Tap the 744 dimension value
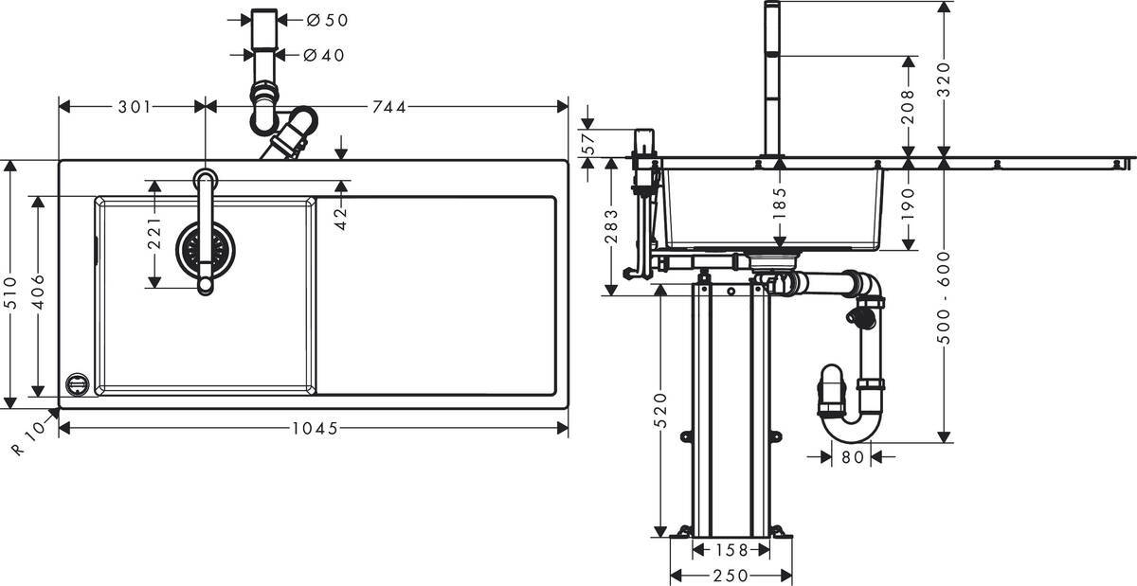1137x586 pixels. [388, 107]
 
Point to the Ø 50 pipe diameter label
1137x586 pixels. [327, 19]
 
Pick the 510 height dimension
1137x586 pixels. [10, 284]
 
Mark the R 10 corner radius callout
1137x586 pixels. [30, 438]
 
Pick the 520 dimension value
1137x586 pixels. [660, 411]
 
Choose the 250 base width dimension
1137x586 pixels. [731, 575]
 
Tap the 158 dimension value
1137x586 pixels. [731, 550]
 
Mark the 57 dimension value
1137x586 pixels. [588, 144]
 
